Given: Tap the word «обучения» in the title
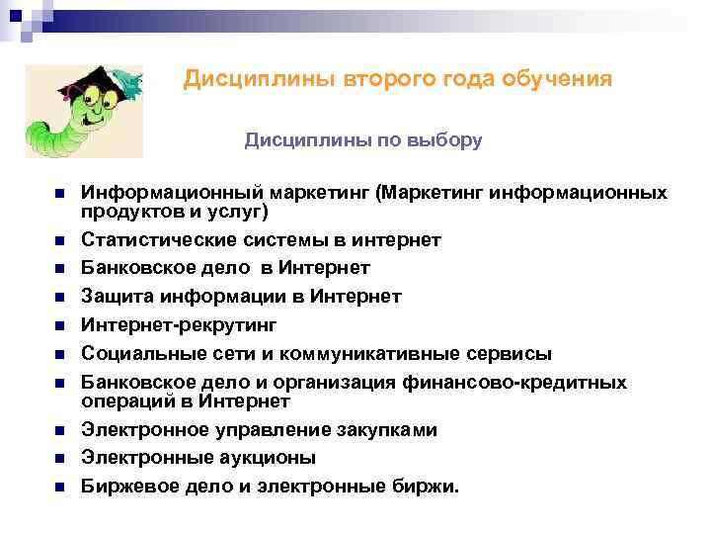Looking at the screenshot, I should coord(562,78).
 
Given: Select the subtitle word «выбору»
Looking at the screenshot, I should coord(445,140).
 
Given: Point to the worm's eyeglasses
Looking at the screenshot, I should coord(85,100).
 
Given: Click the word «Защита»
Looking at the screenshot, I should coord(114,297).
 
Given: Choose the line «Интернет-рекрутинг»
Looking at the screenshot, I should coord(179,325).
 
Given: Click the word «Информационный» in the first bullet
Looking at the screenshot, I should coord(157,193).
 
